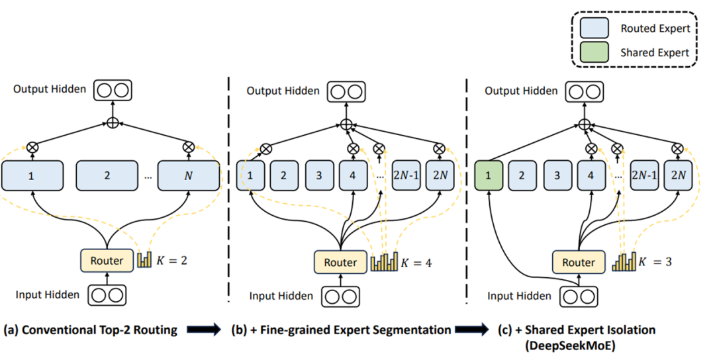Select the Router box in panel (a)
pyautogui.click(x=107, y=260)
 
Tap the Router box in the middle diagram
pyautogui.click(x=340, y=263)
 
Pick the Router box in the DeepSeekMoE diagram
pyautogui.click(x=579, y=263)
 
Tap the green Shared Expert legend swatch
pyautogui.click(x=594, y=53)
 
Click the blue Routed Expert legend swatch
pyautogui.click(x=594, y=28)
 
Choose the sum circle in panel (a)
pyautogui.click(x=113, y=123)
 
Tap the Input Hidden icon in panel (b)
pyautogui.click(x=340, y=296)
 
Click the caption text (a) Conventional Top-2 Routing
pyautogui.click(x=91, y=330)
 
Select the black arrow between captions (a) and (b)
pyautogui.click(x=205, y=330)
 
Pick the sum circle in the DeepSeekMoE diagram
pyautogui.click(x=584, y=124)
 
